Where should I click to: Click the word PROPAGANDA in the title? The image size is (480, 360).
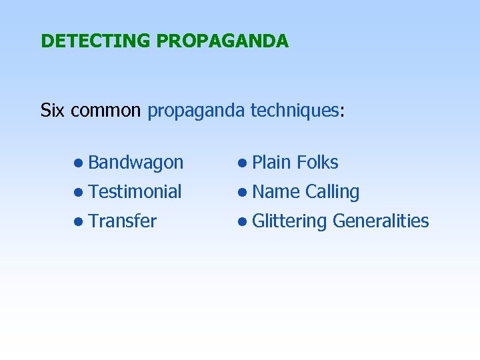coord(222,41)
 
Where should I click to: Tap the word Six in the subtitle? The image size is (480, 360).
coord(53,110)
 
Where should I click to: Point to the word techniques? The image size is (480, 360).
coord(295,110)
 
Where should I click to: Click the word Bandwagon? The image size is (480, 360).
coord(135,163)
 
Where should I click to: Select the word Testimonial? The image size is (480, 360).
coord(135,192)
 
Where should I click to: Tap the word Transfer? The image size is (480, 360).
coord(122,221)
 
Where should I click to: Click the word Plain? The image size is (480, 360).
coord(272,163)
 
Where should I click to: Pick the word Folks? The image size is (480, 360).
coord(317,163)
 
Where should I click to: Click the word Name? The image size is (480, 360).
coord(276,192)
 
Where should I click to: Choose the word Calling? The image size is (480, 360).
coord(332,193)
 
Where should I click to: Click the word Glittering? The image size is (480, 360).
coord(290,221)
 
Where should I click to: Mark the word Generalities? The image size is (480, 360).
coord(380,221)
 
